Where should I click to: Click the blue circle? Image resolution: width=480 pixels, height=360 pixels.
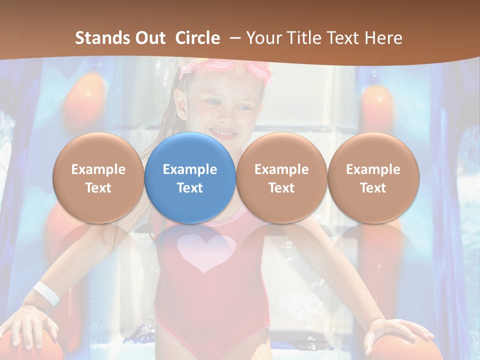pos(190,177)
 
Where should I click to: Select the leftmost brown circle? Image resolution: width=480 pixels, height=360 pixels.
pos(98,177)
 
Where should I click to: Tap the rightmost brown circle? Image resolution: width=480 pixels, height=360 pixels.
pos(373,177)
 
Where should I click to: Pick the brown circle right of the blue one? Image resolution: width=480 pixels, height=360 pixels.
pos(281,177)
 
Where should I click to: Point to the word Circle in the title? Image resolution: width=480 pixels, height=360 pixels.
pos(197,38)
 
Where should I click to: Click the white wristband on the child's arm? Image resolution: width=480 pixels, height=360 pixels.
pos(46,293)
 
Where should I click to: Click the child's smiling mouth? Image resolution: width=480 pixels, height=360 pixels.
pos(223,133)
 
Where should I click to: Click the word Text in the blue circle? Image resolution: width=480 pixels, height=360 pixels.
pos(190,188)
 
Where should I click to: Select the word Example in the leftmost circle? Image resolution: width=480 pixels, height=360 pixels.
pos(98,169)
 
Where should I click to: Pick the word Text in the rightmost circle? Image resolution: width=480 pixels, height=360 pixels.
pos(373,188)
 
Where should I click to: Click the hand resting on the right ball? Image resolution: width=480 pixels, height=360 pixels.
pos(395,332)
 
